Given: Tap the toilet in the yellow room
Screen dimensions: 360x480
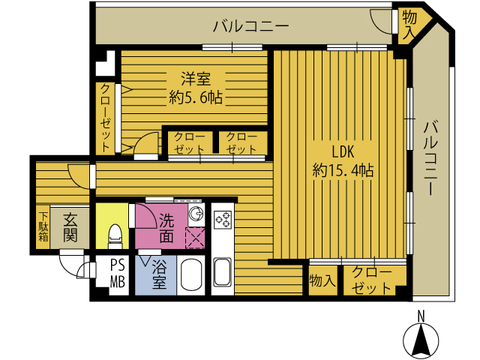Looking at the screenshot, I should pyautogui.click(x=115, y=235).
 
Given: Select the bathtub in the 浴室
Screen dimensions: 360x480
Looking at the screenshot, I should pyautogui.click(x=192, y=275).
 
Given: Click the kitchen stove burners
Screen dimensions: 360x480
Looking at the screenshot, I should pyautogui.click(x=223, y=220).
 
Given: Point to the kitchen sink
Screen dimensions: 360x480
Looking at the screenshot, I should pyautogui.click(x=223, y=271).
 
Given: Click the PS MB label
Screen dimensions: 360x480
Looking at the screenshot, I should pyautogui.click(x=118, y=274).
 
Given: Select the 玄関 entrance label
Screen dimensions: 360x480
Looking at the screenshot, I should pyautogui.click(x=70, y=228).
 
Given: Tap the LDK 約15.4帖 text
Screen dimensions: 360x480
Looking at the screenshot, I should pyautogui.click(x=343, y=159).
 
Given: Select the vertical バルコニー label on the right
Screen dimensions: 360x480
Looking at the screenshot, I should pyautogui.click(x=430, y=157).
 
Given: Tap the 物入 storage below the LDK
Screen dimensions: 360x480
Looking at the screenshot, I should pyautogui.click(x=322, y=280).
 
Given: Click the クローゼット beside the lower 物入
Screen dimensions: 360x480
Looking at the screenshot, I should pyautogui.click(x=372, y=280).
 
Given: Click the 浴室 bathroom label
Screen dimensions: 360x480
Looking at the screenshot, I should pyautogui.click(x=159, y=274).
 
